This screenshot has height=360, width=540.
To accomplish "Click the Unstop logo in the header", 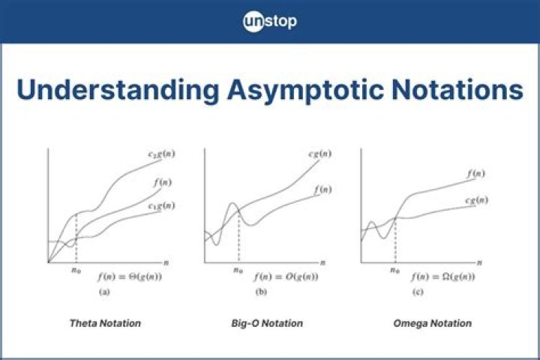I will [x=270, y=21].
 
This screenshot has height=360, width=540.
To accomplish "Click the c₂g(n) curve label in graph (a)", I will [x=161, y=155].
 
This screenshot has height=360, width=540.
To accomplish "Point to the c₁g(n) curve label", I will [x=162, y=205].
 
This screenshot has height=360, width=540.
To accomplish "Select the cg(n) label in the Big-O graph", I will [x=320, y=154].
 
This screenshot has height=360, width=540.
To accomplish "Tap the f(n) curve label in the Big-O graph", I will [x=321, y=190].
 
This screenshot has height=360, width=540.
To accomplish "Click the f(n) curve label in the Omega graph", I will [x=475, y=173].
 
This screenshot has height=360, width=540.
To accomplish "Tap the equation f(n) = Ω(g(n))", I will [x=444, y=277].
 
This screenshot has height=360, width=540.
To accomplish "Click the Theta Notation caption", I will [x=105, y=323].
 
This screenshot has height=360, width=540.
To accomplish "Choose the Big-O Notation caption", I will [x=267, y=323].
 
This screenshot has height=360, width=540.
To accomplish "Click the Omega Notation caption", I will [x=432, y=323].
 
